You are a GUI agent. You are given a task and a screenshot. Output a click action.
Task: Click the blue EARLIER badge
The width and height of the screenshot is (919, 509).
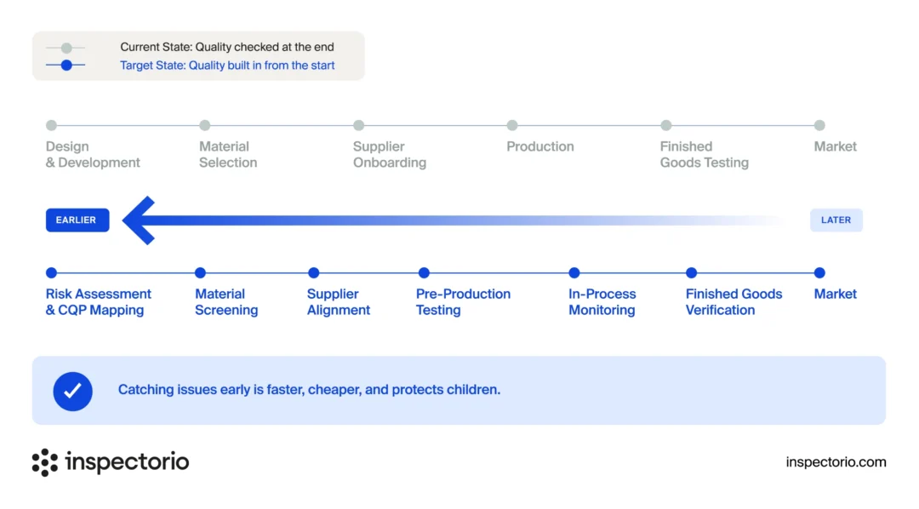pyautogui.click(x=77, y=220)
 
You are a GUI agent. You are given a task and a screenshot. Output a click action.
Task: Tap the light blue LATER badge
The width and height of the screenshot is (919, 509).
pyautogui.click(x=836, y=220)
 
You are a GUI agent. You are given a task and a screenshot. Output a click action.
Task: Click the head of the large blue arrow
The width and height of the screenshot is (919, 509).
pyautogui.click(x=139, y=220)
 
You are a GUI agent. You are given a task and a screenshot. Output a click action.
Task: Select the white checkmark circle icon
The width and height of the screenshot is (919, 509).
pyautogui.click(x=72, y=392)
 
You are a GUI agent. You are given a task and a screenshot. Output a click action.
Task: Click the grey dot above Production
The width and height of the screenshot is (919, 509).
pyautogui.click(x=512, y=125)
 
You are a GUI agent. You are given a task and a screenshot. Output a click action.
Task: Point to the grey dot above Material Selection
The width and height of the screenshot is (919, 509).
pyautogui.click(x=204, y=125)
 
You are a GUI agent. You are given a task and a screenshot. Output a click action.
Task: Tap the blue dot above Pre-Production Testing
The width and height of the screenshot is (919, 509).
pyautogui.click(x=424, y=272)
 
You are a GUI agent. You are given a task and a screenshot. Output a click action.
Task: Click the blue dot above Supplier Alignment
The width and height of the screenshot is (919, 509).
pyautogui.click(x=313, y=272)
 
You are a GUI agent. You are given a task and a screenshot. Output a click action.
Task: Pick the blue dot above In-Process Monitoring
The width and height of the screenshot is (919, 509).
pyautogui.click(x=574, y=272)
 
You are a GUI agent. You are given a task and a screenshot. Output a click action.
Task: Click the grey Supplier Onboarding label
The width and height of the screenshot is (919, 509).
pyautogui.click(x=389, y=154)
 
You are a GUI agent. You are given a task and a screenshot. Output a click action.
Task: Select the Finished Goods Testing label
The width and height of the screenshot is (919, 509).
pyautogui.click(x=704, y=154)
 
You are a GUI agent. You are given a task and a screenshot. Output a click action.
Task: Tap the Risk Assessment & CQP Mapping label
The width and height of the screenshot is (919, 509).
pyautogui.click(x=99, y=302)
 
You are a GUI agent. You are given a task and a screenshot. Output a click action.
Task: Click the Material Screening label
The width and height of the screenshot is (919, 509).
pyautogui.click(x=226, y=302)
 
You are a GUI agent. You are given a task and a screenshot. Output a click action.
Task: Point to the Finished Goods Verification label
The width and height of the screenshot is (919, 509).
pyautogui.click(x=733, y=302)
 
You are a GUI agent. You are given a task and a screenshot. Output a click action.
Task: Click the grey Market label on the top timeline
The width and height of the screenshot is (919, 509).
pyautogui.click(x=836, y=146)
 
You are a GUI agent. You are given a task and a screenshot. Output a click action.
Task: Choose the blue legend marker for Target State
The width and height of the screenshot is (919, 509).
pyautogui.click(x=66, y=65)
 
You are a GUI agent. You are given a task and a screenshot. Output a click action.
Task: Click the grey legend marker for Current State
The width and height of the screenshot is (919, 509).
pyautogui.click(x=66, y=48)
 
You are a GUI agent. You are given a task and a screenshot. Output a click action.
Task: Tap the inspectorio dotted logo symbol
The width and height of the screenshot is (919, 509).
pyautogui.click(x=44, y=463)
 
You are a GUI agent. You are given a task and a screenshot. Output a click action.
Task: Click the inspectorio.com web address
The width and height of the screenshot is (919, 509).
pyautogui.click(x=836, y=462)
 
